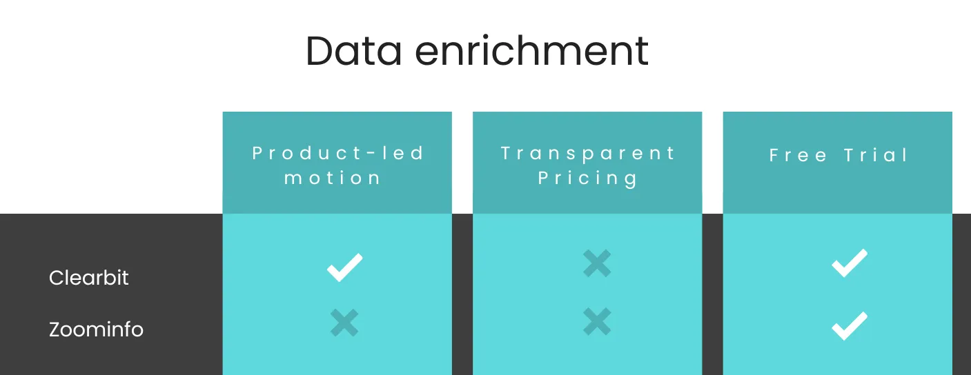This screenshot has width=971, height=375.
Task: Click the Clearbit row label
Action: pos(89,278)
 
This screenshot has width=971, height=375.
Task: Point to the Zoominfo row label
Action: pos(96,330)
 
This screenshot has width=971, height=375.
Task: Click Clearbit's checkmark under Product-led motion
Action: pos(344,267)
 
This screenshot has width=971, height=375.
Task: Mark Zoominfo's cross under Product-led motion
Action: pos(344,323)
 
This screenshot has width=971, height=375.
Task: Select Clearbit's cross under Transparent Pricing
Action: pos(597,263)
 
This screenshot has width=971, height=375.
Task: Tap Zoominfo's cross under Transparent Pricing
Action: pos(597,321)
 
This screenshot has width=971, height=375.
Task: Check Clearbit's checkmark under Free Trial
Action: pos(850,263)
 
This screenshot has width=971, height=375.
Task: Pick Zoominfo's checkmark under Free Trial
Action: pos(850,326)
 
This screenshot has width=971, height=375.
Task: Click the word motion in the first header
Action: pos(333,178)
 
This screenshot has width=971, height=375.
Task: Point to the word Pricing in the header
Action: pos(588,179)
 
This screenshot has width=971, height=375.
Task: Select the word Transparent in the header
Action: pos(588,153)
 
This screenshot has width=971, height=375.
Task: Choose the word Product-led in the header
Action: pos(338,153)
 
